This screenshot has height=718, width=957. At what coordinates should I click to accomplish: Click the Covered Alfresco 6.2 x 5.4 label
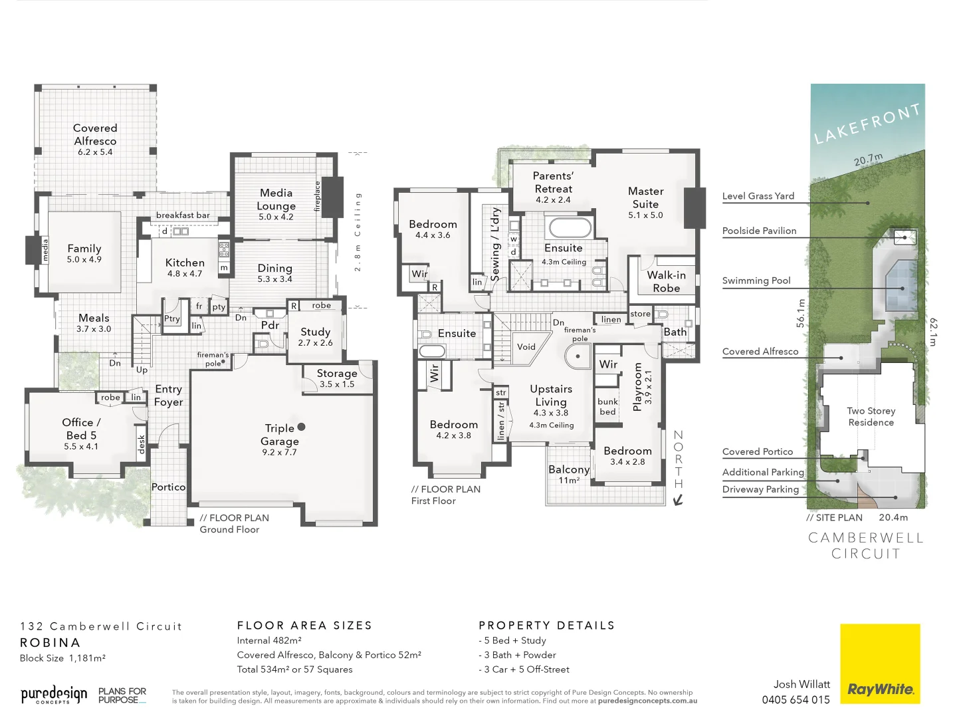95,139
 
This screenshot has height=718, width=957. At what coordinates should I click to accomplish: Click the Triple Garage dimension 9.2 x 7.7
279,453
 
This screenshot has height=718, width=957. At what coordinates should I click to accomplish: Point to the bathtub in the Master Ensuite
568,228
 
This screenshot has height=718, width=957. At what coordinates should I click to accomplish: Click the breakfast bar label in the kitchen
183,215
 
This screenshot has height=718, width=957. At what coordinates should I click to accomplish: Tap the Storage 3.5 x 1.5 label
337,378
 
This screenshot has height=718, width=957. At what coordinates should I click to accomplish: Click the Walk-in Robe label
666,281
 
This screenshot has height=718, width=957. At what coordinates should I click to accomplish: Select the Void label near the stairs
526,347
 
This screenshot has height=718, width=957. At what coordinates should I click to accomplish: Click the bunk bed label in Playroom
607,406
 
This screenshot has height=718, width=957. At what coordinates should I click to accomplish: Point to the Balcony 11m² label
569,474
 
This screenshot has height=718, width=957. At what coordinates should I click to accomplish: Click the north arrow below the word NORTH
678,500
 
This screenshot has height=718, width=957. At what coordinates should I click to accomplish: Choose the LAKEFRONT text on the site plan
867,124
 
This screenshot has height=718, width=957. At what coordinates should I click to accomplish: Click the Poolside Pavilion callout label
759,231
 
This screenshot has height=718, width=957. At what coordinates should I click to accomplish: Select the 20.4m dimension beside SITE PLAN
893,517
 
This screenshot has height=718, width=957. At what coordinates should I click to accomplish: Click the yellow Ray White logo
880,663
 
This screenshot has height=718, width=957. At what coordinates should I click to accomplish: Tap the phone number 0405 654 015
796,699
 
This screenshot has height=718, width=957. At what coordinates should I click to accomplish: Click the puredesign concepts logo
53,695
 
